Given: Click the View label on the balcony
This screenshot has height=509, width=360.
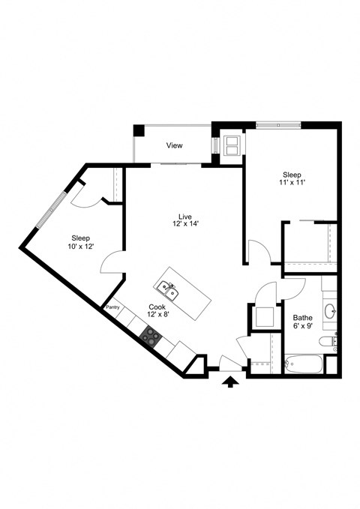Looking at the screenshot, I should coord(175,145).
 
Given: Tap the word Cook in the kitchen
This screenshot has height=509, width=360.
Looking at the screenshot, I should coord(157,307).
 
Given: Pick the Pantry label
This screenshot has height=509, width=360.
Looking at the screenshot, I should coord(113,307).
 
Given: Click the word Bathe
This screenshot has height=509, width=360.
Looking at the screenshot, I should coord(302,318).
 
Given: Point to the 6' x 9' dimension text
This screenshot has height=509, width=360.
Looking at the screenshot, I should coord(302,327).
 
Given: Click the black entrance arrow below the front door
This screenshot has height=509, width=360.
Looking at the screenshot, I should coord(231,383).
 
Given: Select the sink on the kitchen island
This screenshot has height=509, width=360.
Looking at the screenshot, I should coord(167,288).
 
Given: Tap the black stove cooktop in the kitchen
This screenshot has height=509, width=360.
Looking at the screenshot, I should coord(150,336).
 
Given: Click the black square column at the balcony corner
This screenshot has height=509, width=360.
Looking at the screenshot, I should coord(138,129).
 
